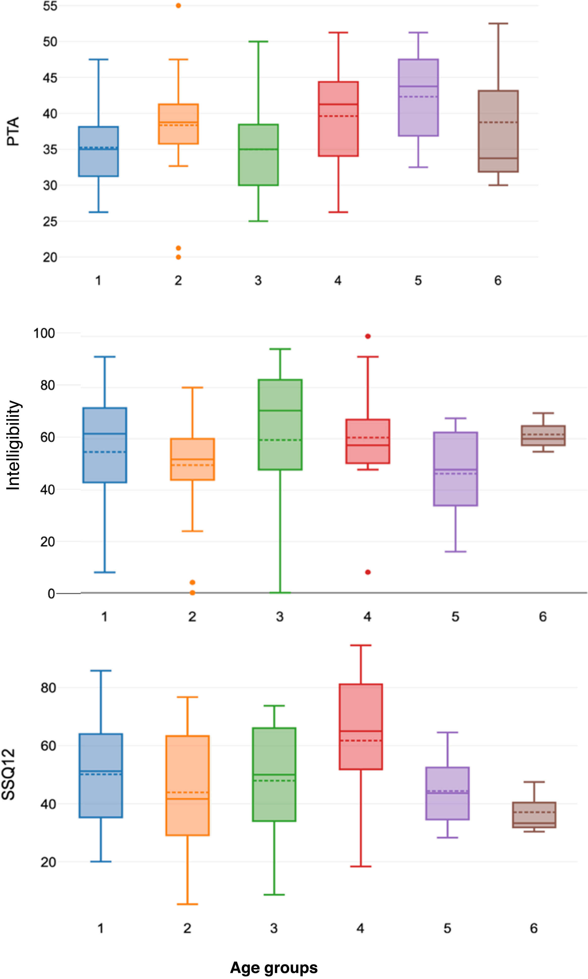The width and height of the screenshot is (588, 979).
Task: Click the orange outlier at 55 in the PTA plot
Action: (178, 6)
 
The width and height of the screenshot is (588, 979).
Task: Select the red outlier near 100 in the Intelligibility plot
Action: (368, 336)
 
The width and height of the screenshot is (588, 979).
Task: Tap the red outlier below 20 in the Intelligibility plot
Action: (368, 572)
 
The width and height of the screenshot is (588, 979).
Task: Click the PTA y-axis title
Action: (13, 131)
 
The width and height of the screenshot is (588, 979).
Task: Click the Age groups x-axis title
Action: (274, 967)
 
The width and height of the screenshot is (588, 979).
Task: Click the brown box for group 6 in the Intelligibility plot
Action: (543, 436)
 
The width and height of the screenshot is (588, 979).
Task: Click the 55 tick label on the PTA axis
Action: (50, 6)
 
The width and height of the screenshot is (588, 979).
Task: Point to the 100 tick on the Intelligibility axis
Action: (44, 333)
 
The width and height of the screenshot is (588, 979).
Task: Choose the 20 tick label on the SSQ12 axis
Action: (48, 862)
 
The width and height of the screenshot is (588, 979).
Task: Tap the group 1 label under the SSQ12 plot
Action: (101, 928)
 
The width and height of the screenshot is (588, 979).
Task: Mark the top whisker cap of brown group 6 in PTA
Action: (498, 24)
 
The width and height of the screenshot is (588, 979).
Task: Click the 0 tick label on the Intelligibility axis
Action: (51, 594)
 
